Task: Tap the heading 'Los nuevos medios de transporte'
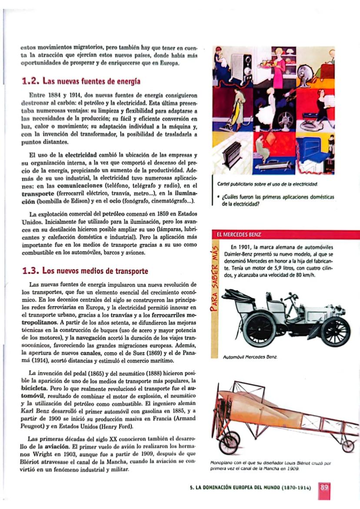click(x=95, y=271)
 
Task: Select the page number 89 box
click(x=324, y=487)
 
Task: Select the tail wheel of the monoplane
click(x=347, y=446)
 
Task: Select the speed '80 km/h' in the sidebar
click(x=302, y=275)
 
